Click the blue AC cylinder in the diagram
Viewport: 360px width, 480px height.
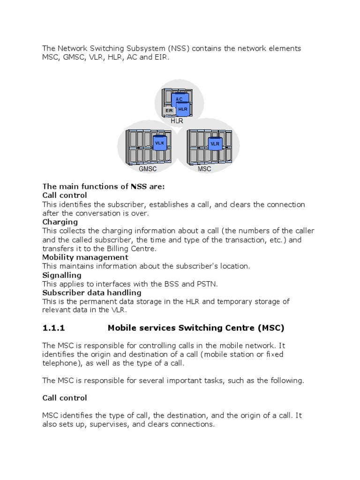pos(179,99)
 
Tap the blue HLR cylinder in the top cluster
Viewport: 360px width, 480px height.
pos(182,109)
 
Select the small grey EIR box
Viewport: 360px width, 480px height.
pos(169,111)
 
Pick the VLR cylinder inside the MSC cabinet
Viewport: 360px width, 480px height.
pos(215,143)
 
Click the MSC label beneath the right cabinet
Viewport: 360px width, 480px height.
pos(204,169)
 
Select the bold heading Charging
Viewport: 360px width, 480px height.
pos(60,222)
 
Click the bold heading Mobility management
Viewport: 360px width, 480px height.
pos(85,257)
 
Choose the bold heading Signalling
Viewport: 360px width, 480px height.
pos(62,275)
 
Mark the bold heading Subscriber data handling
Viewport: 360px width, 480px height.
pos(92,292)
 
